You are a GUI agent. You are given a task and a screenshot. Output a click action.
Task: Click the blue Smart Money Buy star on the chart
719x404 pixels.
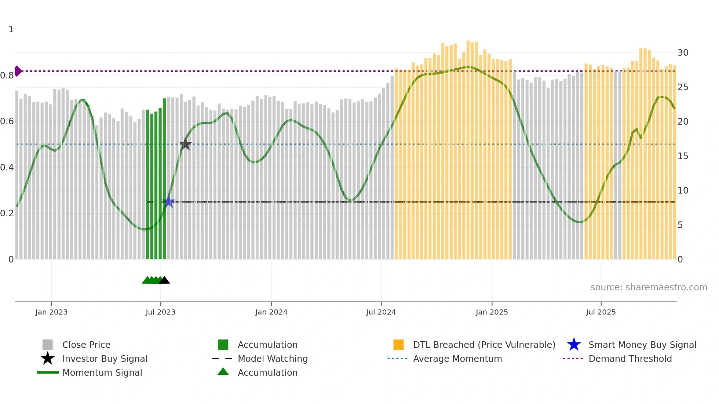pos(169,202)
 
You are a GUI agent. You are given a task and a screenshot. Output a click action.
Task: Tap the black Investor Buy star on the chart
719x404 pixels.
pos(185,144)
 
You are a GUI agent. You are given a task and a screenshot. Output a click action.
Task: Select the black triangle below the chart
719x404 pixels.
pos(164,280)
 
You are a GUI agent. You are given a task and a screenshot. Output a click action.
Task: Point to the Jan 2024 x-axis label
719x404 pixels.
pos(271,312)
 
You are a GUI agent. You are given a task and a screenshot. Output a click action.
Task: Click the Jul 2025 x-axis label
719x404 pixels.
pos(601,312)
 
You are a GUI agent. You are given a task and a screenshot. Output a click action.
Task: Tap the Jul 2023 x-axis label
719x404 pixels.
pos(160,312)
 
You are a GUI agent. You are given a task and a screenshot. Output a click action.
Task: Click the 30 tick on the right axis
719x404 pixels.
pos(683,53)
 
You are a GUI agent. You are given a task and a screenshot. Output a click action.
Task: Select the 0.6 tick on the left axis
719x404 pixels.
pos(7,121)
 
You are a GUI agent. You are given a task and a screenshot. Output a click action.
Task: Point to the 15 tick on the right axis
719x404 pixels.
pos(683,156)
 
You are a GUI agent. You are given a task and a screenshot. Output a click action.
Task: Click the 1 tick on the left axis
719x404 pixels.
pos(11,29)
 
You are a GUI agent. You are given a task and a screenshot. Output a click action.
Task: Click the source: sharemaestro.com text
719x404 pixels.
pos(649,287)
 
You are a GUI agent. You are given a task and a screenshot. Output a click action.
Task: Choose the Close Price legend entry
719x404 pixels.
pos(86,345)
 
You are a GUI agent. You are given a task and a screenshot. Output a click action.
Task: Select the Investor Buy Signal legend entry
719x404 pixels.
pos(105,359)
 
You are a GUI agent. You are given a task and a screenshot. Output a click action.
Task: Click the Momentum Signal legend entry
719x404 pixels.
pos(102,373)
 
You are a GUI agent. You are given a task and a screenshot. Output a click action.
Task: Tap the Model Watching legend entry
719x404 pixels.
pos(273,359)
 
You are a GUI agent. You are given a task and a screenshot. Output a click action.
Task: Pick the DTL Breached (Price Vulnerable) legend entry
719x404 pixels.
pos(484,345)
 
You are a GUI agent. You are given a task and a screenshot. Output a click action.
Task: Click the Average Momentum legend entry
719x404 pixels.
pos(457,359)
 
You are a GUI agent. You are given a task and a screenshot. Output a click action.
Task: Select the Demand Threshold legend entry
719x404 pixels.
pos(630,359)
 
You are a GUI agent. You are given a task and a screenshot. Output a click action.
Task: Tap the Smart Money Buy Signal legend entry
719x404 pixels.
pos(642,345)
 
